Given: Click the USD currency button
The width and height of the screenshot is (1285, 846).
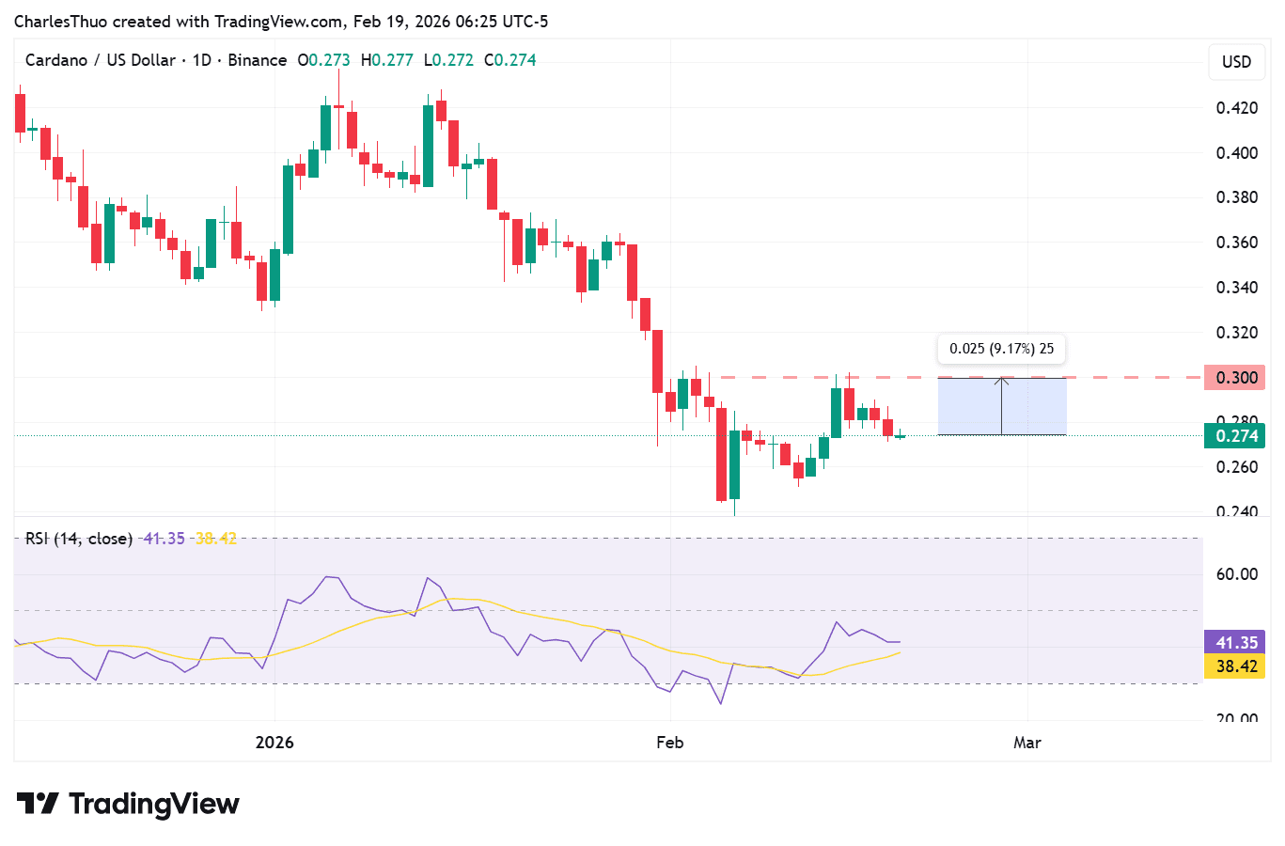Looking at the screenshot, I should [x=1236, y=62].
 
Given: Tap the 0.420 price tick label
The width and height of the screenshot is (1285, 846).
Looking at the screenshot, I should [x=1236, y=108].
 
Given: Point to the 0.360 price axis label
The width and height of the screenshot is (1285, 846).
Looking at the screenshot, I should [x=1236, y=243].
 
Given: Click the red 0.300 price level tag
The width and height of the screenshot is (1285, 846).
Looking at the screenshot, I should [x=1235, y=378].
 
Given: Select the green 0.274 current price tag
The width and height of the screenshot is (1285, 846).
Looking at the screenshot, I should [x=1235, y=436].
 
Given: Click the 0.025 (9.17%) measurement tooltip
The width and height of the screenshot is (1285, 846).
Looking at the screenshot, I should [x=1001, y=349].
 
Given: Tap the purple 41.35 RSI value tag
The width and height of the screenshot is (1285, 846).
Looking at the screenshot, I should [x=1235, y=643].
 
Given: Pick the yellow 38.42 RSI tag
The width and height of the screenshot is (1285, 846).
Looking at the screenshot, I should [x=1235, y=666].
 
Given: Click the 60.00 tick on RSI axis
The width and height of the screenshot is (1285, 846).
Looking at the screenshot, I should [x=1236, y=574].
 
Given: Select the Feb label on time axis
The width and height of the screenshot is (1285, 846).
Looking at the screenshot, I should [x=669, y=743].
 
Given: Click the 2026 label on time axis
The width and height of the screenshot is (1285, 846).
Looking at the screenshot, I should [x=274, y=743].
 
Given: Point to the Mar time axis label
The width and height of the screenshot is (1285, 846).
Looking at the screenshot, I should [x=1027, y=743].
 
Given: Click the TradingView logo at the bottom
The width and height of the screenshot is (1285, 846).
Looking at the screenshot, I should [x=129, y=805].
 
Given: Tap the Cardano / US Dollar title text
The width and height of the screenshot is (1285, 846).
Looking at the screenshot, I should [x=101, y=60].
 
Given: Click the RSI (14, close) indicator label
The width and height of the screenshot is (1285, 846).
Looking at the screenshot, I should [x=79, y=539].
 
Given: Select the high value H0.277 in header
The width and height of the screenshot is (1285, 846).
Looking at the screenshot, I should [x=387, y=60].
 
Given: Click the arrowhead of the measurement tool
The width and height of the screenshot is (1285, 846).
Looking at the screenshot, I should [x=1001, y=380].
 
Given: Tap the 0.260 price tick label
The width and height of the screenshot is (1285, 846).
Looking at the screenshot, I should [x=1236, y=467].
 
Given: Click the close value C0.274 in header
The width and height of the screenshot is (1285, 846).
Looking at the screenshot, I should [x=510, y=60].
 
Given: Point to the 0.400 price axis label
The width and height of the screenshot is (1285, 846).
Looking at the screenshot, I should [x=1236, y=153].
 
